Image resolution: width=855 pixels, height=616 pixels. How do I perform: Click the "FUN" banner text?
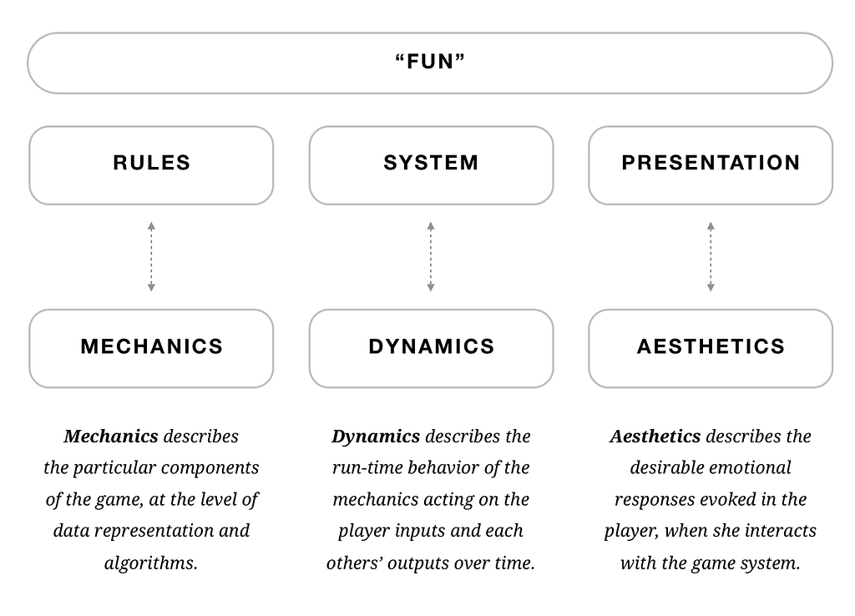click(430, 62)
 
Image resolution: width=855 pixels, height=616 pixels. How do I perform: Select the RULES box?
click(151, 165)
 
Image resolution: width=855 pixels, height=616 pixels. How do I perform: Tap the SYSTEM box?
click(432, 165)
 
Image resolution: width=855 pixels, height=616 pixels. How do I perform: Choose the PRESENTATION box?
click(711, 165)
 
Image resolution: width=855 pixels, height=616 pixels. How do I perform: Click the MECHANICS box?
click(151, 348)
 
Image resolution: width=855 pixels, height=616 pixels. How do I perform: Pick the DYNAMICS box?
click(432, 348)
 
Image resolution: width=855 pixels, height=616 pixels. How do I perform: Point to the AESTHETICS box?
click(711, 348)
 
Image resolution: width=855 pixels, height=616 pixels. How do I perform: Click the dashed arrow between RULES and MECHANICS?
click(151, 257)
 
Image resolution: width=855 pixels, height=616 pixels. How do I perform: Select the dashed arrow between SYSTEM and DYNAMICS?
click(431, 257)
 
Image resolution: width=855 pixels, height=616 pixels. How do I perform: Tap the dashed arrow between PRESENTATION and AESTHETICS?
click(711, 257)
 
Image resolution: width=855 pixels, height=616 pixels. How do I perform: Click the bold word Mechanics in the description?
click(111, 436)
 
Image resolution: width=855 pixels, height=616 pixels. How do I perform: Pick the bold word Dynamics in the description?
click(376, 437)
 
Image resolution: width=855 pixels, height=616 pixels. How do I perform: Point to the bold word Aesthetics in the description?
click(655, 436)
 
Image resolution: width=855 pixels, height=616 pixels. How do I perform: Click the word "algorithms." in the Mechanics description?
click(151, 563)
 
